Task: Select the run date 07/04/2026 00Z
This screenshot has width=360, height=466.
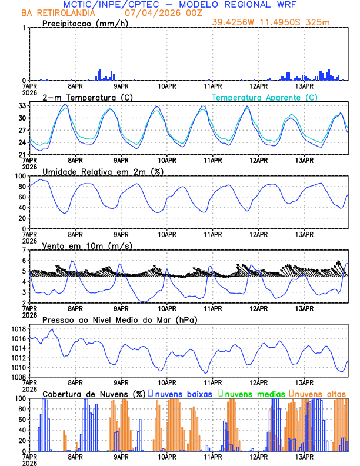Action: pos(159,13)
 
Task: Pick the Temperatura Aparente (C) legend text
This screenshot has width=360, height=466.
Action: pos(264,97)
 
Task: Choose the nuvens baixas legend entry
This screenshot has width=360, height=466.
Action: pos(183,393)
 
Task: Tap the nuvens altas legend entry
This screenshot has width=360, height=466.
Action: pos(318,393)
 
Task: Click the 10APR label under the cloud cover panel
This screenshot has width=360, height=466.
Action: pos(167,456)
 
